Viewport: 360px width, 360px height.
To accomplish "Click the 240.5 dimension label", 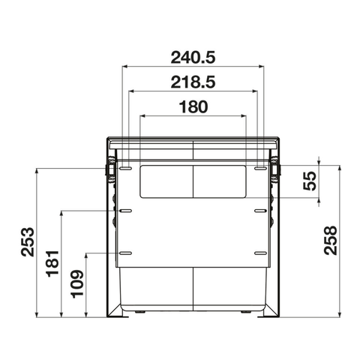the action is pyautogui.click(x=193, y=58).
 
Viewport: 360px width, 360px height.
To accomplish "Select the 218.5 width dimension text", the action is pyautogui.click(x=193, y=82).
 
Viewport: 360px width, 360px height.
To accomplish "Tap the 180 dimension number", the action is pyautogui.click(x=193, y=106).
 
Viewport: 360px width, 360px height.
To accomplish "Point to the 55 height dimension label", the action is pyautogui.click(x=310, y=181).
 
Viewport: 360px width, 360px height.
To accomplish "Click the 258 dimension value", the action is pyautogui.click(x=331, y=241).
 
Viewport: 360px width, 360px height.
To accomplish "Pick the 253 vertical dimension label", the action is pyautogui.click(x=28, y=241).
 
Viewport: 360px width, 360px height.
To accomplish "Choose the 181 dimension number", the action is pyautogui.click(x=52, y=263).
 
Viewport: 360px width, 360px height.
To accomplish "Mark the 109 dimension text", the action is pyautogui.click(x=77, y=284).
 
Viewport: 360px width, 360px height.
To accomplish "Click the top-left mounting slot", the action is pyautogui.click(x=125, y=169).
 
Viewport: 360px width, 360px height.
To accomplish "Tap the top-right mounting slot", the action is pyautogui.click(x=260, y=169).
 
